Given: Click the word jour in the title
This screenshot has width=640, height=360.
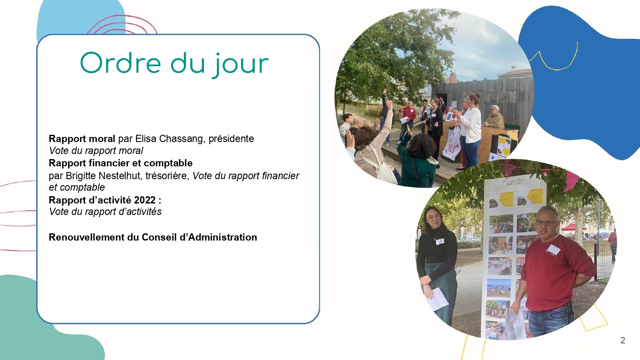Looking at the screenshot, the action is pos(240,65).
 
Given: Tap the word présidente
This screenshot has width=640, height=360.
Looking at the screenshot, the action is pos(231,139).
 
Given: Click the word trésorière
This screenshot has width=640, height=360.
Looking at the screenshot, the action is pos(167,175).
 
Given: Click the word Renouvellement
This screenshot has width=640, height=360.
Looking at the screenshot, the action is pos(87,237).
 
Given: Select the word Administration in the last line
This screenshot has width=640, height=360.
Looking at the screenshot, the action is pos(223,237).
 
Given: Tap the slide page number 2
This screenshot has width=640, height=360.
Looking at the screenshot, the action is pos(623,340).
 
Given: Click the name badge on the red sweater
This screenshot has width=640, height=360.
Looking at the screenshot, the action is pos(553,250).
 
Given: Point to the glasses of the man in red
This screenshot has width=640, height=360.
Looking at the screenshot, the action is pos(546,223).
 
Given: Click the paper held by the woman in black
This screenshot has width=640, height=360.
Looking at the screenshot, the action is pos(437,299).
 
